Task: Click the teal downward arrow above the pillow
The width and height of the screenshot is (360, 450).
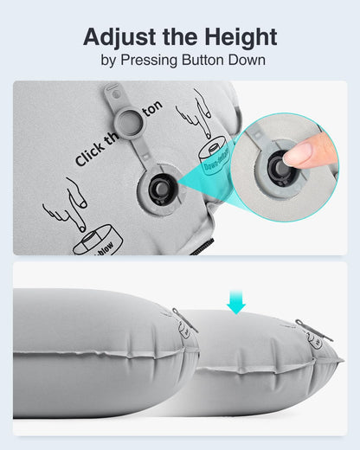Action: [236, 301]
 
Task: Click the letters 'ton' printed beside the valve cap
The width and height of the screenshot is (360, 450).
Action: [151, 109]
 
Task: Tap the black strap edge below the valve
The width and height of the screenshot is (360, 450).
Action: [197, 248]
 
